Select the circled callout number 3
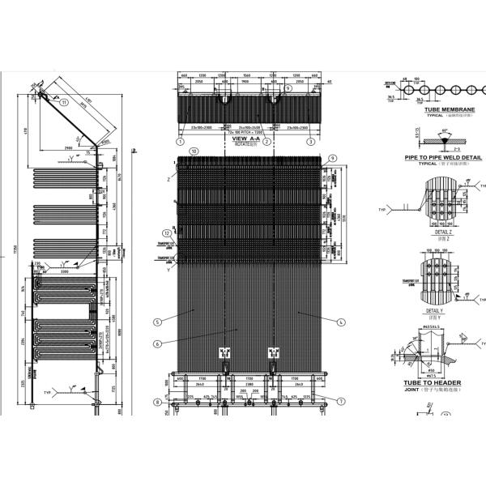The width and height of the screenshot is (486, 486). point(310,141)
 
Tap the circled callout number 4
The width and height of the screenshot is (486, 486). point(341,322)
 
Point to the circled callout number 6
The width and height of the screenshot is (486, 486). point(158,343)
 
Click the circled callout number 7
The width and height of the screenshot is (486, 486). point(342,401)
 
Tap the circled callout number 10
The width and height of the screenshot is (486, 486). point(193,151)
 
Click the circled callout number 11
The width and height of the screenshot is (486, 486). point(64,102)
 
